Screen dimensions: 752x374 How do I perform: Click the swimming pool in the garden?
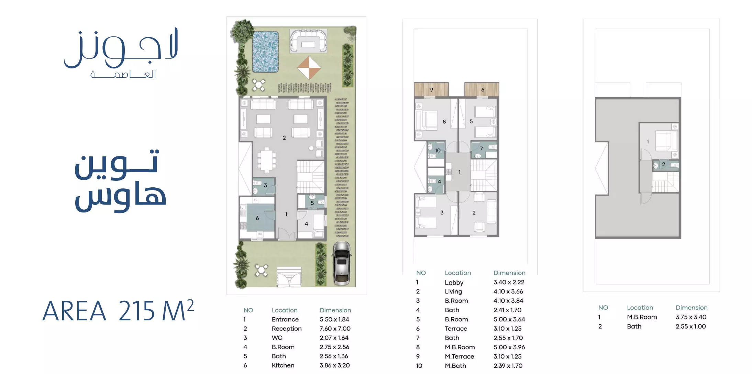click(265, 52)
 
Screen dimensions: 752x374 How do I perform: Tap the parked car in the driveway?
click(342, 263)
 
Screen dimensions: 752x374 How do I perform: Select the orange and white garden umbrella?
click(309, 68)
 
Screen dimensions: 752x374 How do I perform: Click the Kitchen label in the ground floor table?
click(283, 365)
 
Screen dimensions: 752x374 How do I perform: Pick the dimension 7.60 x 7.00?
click(335, 329)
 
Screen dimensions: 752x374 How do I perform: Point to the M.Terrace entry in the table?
click(460, 356)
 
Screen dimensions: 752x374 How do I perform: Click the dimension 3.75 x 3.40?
click(691, 317)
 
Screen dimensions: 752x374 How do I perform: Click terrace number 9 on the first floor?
click(432, 90)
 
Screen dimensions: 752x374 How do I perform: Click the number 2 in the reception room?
click(284, 138)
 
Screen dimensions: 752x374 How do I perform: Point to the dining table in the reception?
click(266, 160)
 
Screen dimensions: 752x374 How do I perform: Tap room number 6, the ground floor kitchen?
click(257, 218)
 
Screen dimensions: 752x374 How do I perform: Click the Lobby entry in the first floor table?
click(454, 283)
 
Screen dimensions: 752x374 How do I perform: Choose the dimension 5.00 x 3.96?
click(509, 347)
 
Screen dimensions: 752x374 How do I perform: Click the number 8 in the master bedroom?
click(444, 122)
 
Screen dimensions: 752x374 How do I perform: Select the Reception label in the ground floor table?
click(287, 329)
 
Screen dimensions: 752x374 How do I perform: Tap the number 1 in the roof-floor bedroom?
click(648, 142)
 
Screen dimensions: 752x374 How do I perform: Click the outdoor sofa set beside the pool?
click(308, 41)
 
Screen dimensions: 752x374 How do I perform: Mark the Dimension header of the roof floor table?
click(692, 308)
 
